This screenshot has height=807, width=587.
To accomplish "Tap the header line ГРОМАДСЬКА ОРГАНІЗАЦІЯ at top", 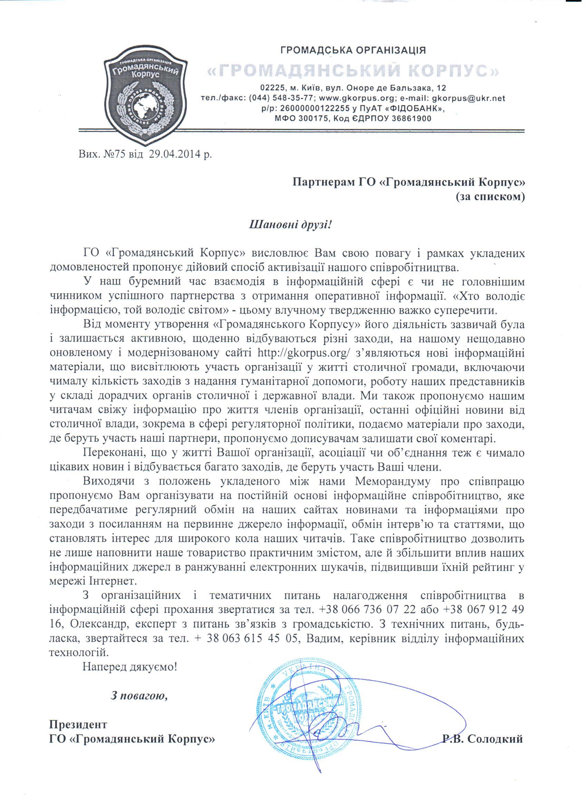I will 354,50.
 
